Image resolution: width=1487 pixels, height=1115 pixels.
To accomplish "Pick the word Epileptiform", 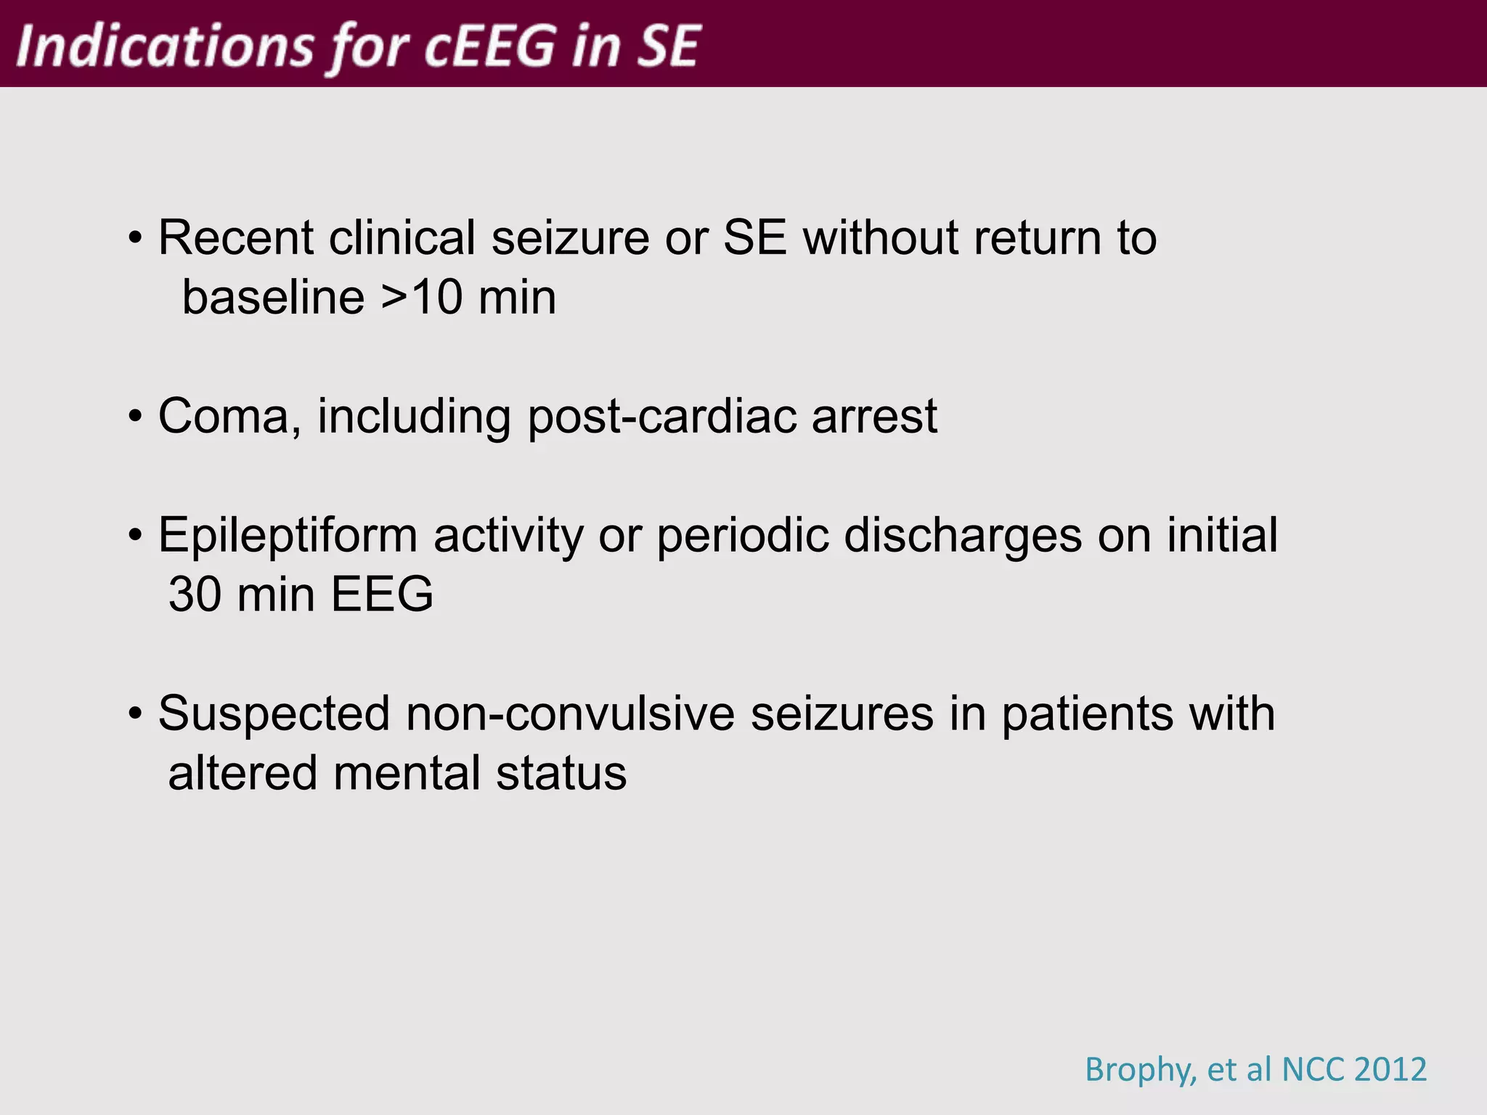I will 288,536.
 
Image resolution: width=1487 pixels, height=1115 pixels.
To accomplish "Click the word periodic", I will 742,536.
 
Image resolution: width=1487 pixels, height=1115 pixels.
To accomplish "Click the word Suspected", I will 274,714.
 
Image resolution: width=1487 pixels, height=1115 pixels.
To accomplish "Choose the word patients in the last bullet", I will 1086,714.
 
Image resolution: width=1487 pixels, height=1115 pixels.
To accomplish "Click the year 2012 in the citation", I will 1390,1069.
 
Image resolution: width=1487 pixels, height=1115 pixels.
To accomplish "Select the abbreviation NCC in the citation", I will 1312,1069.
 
